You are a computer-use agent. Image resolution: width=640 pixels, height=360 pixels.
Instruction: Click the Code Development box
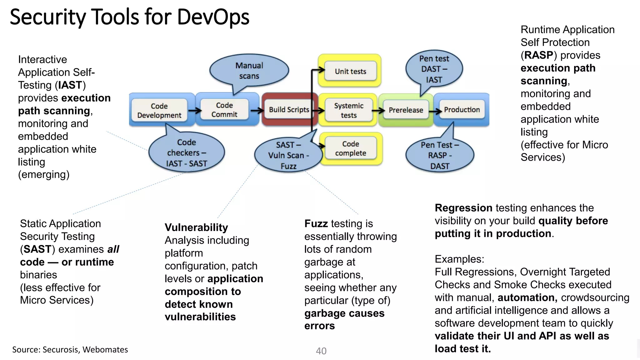click(x=159, y=110)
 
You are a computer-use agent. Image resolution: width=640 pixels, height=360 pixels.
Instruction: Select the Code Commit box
click(x=224, y=110)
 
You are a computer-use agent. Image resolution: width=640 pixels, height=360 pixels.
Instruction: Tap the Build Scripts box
click(x=289, y=110)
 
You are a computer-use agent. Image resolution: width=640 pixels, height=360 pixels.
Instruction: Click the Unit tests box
click(x=350, y=71)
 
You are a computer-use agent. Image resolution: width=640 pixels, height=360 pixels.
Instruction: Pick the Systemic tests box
click(x=349, y=110)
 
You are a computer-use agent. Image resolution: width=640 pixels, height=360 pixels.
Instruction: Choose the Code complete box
click(x=350, y=148)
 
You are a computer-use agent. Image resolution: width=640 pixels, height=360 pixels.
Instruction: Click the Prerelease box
click(x=406, y=110)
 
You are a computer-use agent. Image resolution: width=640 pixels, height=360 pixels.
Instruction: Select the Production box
click(x=462, y=110)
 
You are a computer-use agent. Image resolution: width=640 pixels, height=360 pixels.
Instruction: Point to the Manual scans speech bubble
click(x=249, y=71)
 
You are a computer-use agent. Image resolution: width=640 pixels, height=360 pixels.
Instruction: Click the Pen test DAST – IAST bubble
click(x=434, y=69)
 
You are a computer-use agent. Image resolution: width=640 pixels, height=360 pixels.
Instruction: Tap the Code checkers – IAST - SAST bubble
click(x=187, y=152)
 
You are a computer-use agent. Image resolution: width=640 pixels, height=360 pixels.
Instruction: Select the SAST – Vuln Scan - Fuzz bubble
click(x=288, y=155)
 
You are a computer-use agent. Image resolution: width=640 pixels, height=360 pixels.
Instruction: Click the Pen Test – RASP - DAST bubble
click(x=440, y=155)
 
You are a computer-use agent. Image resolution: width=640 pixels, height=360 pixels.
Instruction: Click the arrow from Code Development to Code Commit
click(x=194, y=110)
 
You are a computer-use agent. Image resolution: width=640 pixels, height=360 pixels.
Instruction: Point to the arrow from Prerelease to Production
click(x=435, y=111)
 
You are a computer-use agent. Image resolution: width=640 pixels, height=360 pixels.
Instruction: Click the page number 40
click(x=321, y=351)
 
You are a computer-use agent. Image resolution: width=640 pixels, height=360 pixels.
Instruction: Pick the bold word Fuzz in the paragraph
click(x=316, y=224)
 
